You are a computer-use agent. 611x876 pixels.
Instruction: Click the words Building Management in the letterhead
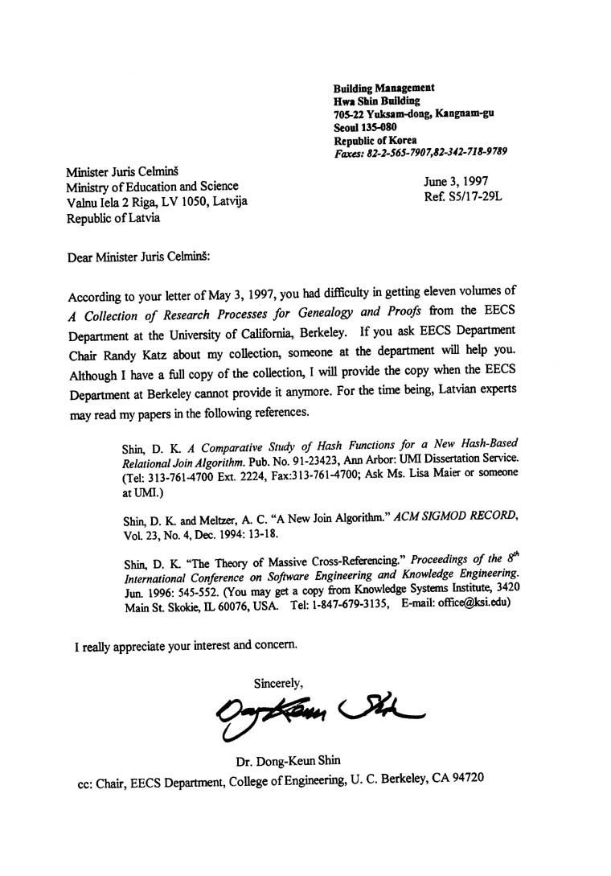(x=383, y=88)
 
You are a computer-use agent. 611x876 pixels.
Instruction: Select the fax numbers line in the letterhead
(x=420, y=152)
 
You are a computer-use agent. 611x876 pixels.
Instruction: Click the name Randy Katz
(x=137, y=352)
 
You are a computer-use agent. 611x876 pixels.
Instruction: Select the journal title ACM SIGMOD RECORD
(x=457, y=516)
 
